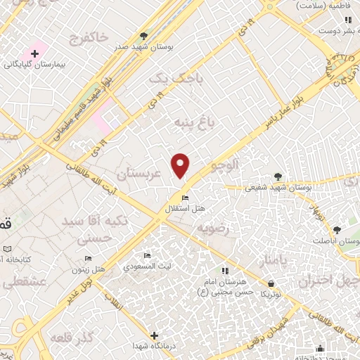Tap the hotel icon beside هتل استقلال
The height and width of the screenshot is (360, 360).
185,198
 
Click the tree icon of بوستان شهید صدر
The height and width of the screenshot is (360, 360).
144,36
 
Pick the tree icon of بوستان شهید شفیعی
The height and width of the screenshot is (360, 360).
278,177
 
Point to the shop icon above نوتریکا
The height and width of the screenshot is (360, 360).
271,284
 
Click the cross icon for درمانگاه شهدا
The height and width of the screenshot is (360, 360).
154,335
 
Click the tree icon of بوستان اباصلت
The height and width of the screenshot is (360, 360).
337,230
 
